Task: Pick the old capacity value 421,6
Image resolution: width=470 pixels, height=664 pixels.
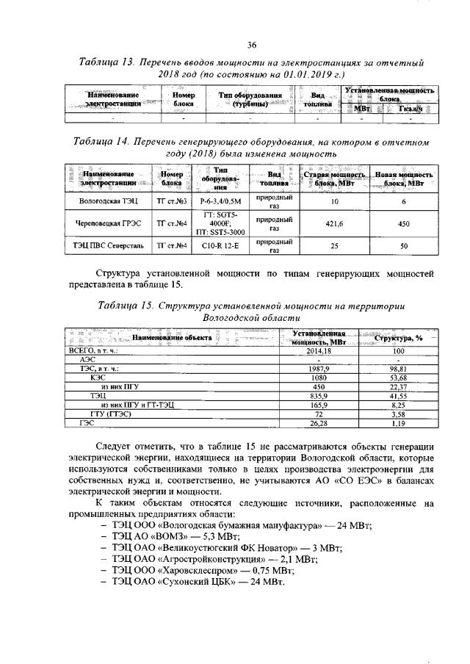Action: coord(334,223)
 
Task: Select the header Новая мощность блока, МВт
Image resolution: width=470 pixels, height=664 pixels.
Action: coord(404,179)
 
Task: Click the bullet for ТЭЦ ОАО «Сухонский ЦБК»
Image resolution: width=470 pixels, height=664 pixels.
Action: coord(198,581)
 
